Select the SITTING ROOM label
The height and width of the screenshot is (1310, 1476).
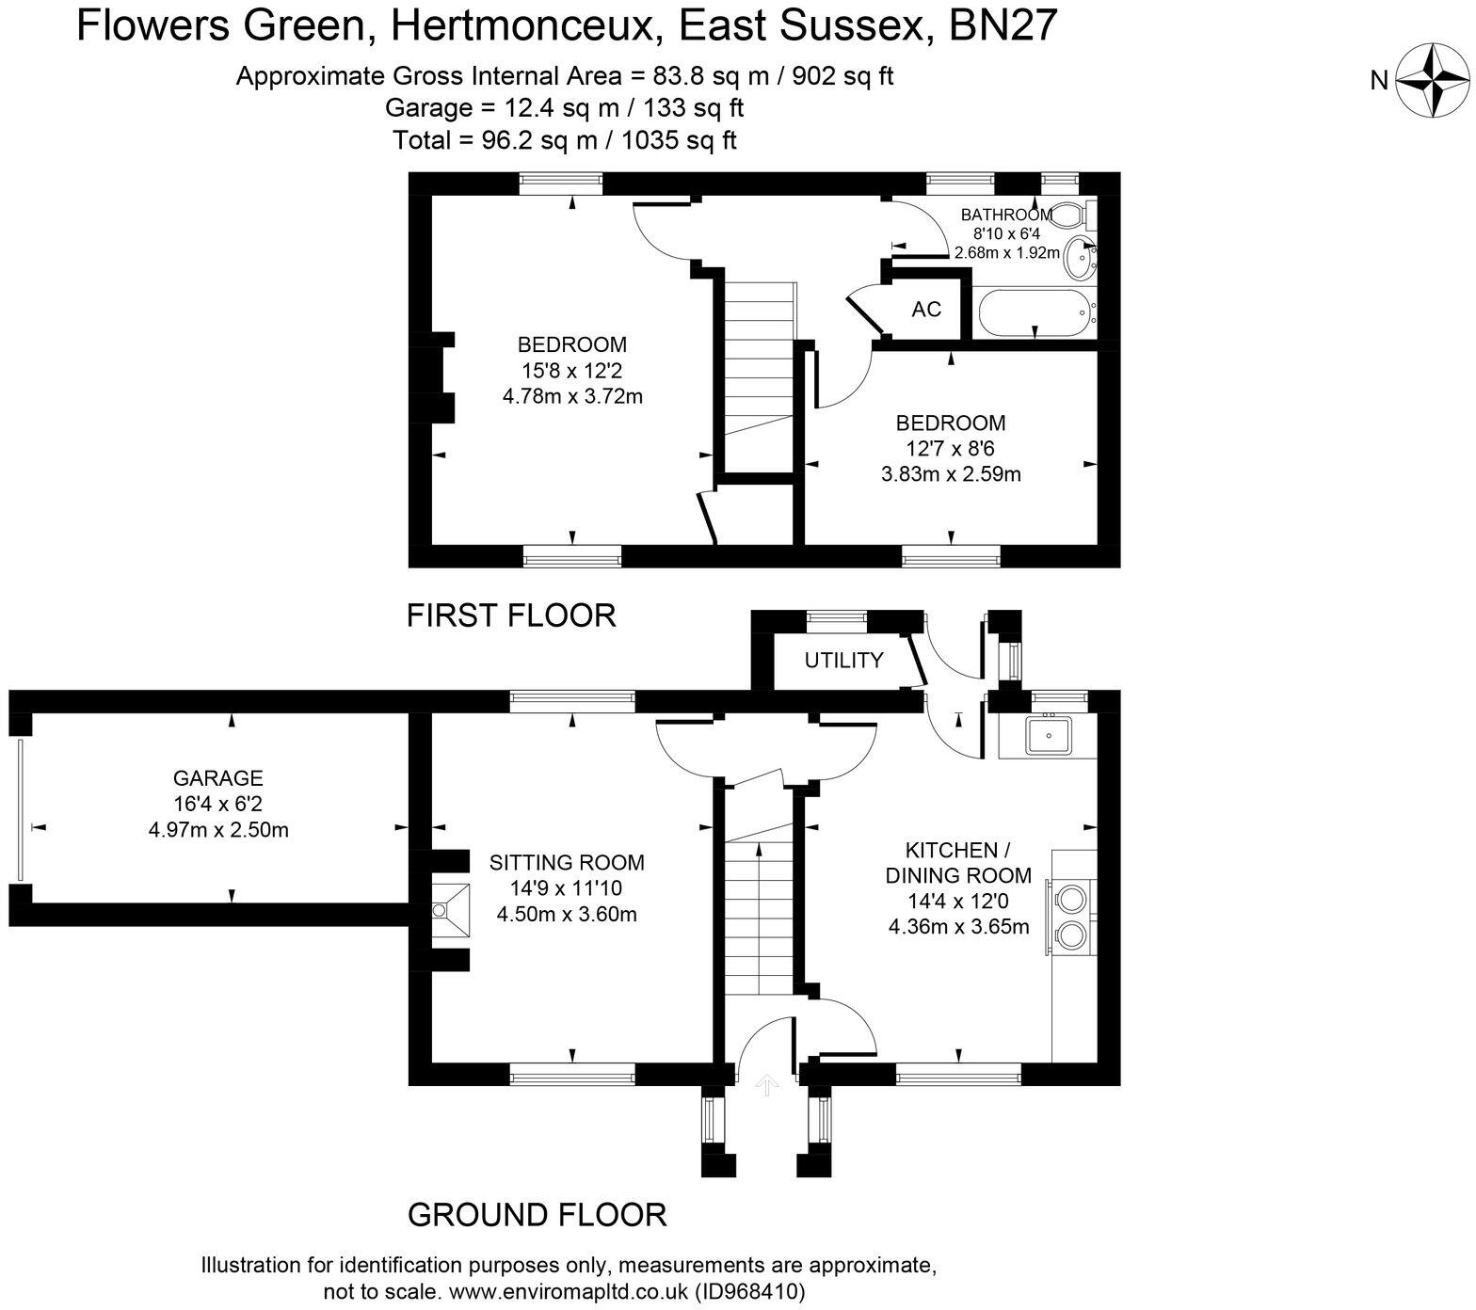pyautogui.click(x=567, y=862)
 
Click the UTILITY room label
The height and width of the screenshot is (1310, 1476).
pyautogui.click(x=843, y=660)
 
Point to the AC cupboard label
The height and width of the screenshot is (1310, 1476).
pyautogui.click(x=926, y=310)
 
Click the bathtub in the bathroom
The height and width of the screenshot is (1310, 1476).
pyautogui.click(x=1035, y=313)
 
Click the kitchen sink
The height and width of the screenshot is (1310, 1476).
pyautogui.click(x=1047, y=735)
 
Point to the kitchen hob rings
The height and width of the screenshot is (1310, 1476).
pyautogui.click(x=1072, y=914)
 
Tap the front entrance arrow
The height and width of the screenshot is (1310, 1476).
pyautogui.click(x=767, y=1085)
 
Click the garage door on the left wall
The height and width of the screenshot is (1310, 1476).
pyautogui.click(x=19, y=810)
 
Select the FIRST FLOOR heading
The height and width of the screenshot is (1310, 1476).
pyautogui.click(x=511, y=615)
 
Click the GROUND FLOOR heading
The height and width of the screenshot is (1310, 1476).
pyautogui.click(x=537, y=1215)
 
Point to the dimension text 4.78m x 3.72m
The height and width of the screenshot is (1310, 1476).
pyautogui.click(x=572, y=396)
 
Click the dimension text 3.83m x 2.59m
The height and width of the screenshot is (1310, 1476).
pyautogui.click(x=951, y=474)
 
